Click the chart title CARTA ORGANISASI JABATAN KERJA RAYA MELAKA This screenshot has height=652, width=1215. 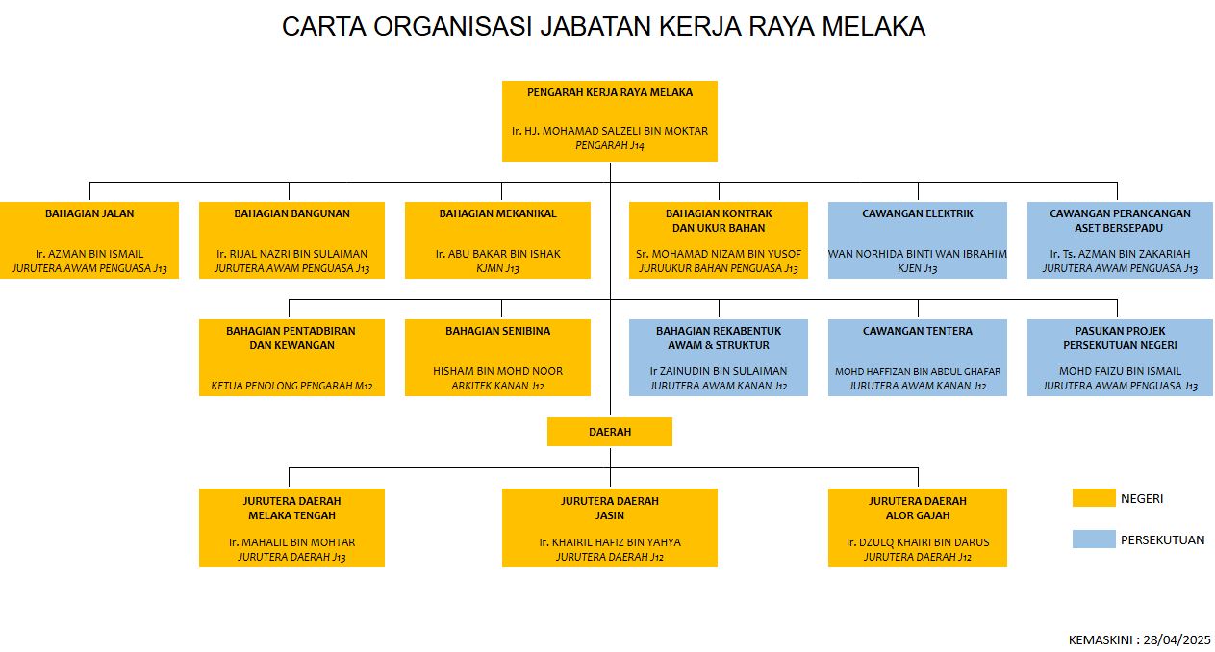tap(603, 27)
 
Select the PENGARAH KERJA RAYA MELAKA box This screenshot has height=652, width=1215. tap(610, 121)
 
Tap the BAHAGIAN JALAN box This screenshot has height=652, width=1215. tap(89, 240)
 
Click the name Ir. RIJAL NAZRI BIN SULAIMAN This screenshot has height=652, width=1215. tap(291, 254)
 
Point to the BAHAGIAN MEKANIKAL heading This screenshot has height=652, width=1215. tap(497, 213)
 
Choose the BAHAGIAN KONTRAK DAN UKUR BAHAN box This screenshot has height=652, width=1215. tap(719, 240)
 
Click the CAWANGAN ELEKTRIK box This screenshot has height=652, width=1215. tap(917, 240)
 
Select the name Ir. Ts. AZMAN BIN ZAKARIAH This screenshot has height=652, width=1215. tap(1120, 254)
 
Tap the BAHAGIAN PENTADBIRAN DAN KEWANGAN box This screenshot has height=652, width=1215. tap(291, 358)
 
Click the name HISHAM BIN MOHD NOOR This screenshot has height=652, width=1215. tap(497, 371)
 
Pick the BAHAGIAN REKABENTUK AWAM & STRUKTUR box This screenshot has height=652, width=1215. tap(719, 358)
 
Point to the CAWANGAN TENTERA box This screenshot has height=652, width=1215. tap(917, 358)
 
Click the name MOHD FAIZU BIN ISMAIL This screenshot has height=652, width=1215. tap(1120, 371)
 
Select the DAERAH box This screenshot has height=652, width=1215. tap(610, 432)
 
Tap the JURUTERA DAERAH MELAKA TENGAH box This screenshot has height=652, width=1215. tap(291, 528)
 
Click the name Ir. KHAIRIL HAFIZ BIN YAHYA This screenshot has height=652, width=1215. tap(610, 542)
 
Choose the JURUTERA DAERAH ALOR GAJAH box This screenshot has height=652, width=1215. tap(917, 528)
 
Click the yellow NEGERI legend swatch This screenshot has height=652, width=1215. tap(1094, 498)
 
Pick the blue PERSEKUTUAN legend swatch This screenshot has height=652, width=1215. tap(1094, 539)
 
